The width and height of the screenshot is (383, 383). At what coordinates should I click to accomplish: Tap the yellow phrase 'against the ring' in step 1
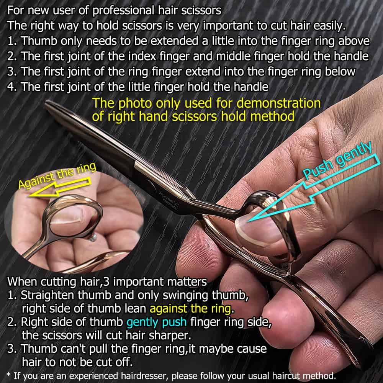coord(190,308)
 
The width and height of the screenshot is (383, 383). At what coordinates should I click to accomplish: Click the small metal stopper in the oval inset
coord(93,239)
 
